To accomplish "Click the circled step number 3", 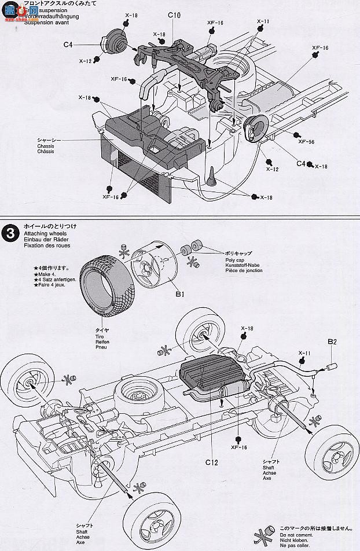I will [10, 233].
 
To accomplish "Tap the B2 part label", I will [332, 342].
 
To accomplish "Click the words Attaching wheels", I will [42, 232].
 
